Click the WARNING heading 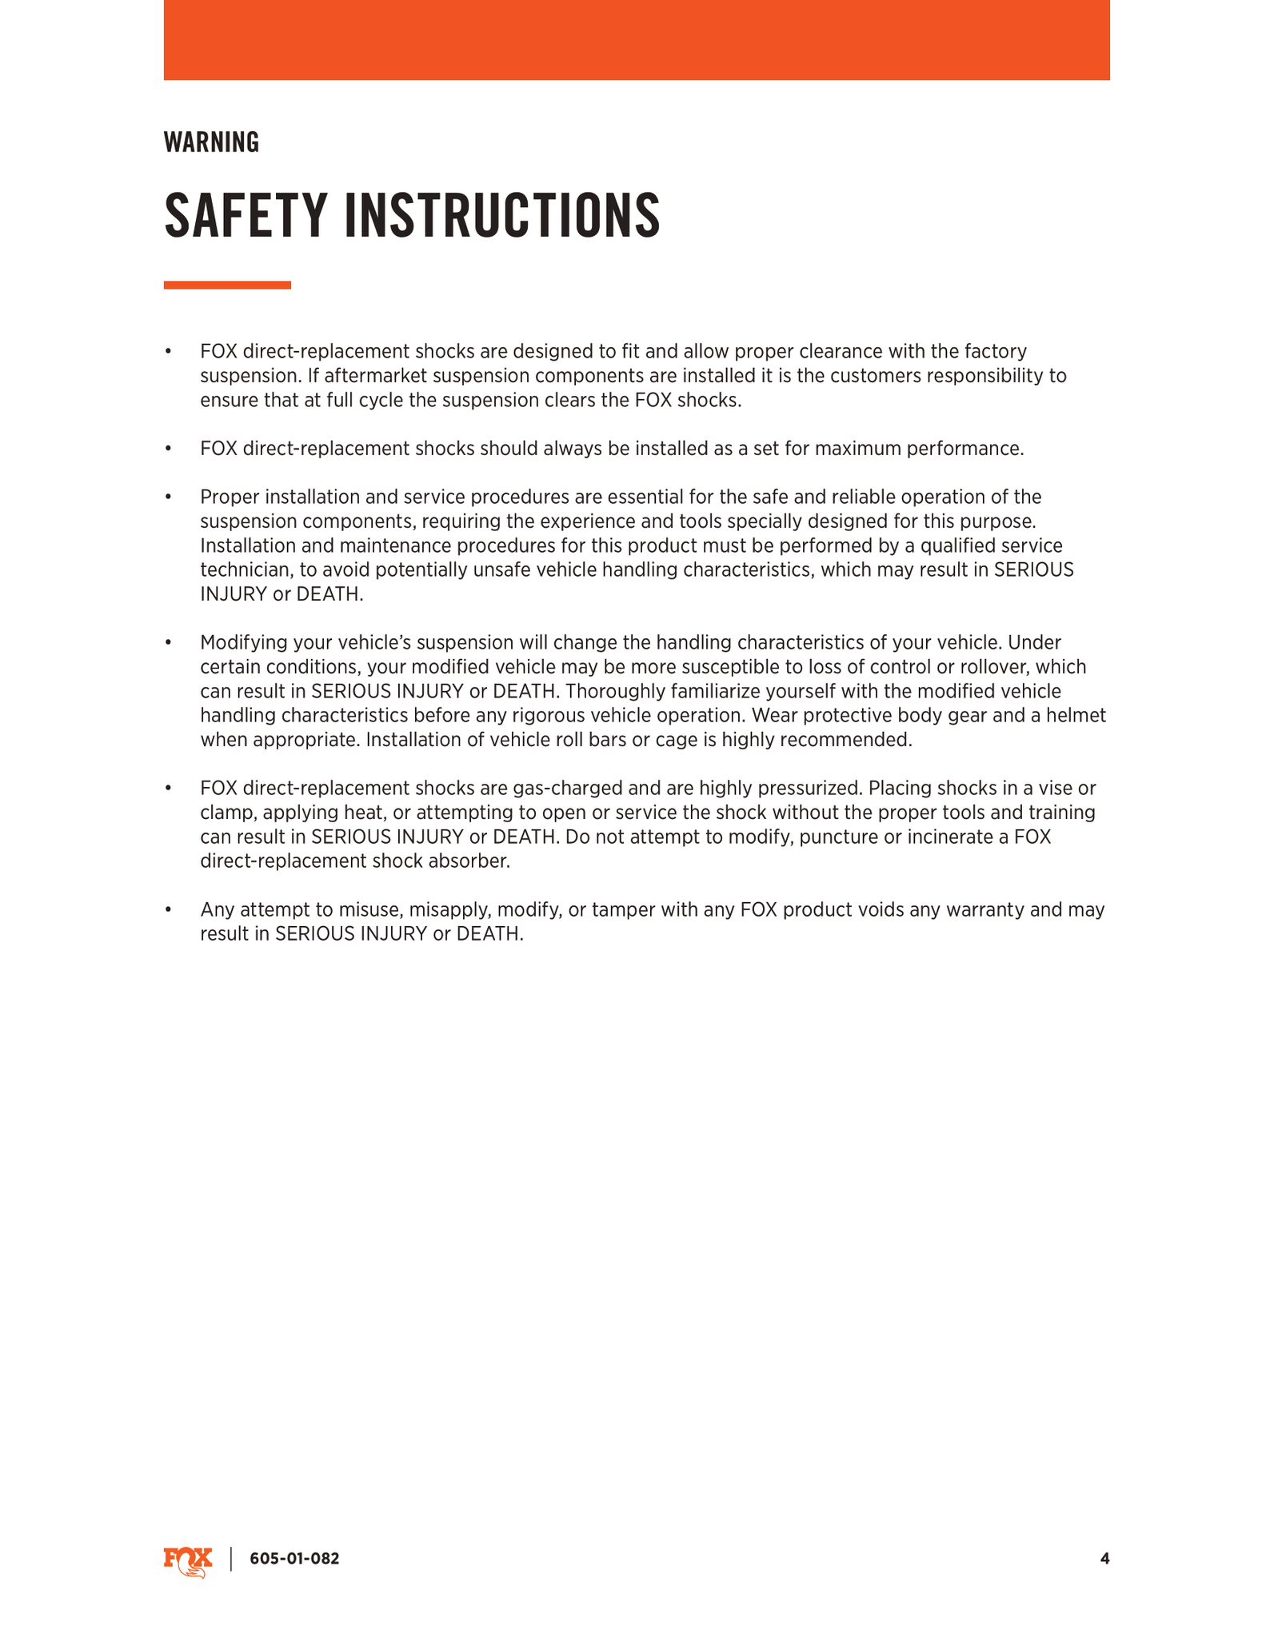pos(211,142)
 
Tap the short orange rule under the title pos(227,285)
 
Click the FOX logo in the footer pos(188,1560)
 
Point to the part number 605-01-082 pos(294,1559)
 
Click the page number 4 pos(1104,1558)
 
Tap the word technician pos(243,570)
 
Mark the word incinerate pos(947,837)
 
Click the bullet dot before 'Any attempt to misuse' pos(169,910)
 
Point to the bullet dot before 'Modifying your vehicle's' pos(169,643)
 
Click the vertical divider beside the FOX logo pos(231,1559)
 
